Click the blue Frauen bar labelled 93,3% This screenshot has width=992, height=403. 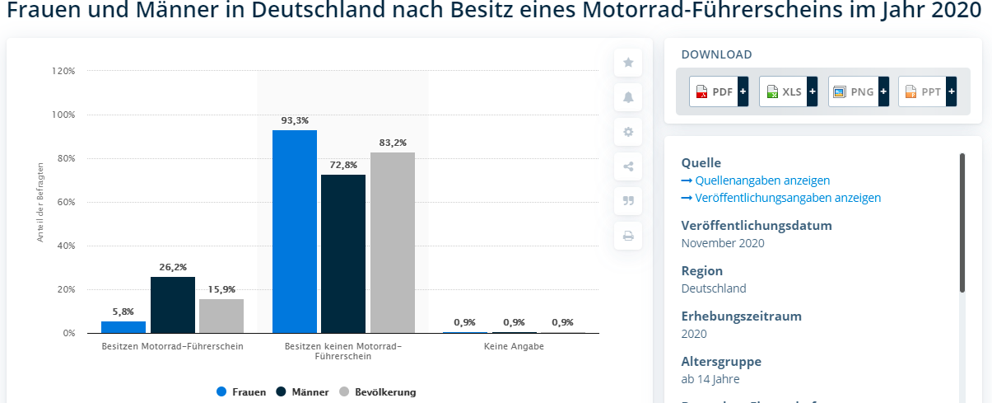pyautogui.click(x=295, y=232)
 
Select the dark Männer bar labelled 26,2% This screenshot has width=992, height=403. pyautogui.click(x=173, y=305)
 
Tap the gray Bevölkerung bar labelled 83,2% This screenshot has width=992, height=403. pyautogui.click(x=393, y=243)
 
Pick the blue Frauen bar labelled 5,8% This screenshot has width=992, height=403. pyautogui.click(x=123, y=327)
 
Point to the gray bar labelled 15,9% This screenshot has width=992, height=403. pyautogui.click(x=221, y=316)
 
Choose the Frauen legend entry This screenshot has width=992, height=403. pyautogui.click(x=241, y=392)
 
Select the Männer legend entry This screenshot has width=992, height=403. pyautogui.click(x=302, y=392)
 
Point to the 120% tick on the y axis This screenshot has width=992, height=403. pyautogui.click(x=63, y=71)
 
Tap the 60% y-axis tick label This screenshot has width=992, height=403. pyautogui.click(x=66, y=202)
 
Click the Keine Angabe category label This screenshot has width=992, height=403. pyautogui.click(x=514, y=347)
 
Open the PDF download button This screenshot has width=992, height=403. pyautogui.click(x=719, y=91)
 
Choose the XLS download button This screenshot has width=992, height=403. pyautogui.click(x=788, y=91)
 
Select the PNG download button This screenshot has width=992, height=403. pyautogui.click(x=859, y=91)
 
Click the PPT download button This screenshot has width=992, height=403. pyautogui.click(x=927, y=91)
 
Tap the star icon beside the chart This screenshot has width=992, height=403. pyautogui.click(x=628, y=62)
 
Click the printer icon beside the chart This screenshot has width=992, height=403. pyautogui.click(x=628, y=236)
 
